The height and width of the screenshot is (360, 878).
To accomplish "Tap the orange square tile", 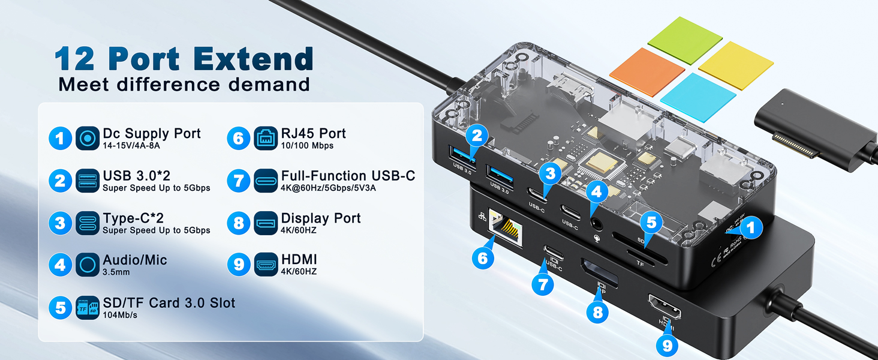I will tap(647, 71).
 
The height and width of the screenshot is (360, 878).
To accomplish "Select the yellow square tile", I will tap(736, 65).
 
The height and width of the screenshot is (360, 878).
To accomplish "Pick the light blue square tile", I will tap(698, 97).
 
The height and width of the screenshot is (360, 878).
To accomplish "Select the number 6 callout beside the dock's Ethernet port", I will tap(483, 258).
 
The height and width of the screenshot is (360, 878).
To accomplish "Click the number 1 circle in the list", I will tap(60, 139).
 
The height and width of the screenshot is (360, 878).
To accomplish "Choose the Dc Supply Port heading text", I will tap(152, 133).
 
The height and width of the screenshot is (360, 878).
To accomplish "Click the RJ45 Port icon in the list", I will tap(265, 139).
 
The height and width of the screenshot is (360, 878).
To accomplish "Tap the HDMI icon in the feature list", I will tap(265, 265).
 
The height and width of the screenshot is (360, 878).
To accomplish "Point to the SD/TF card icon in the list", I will tap(88, 308).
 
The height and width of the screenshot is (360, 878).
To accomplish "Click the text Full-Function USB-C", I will tap(348, 176).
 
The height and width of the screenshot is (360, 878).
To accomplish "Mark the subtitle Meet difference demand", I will tap(184, 85).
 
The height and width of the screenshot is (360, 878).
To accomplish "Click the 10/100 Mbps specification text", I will tap(307, 146).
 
